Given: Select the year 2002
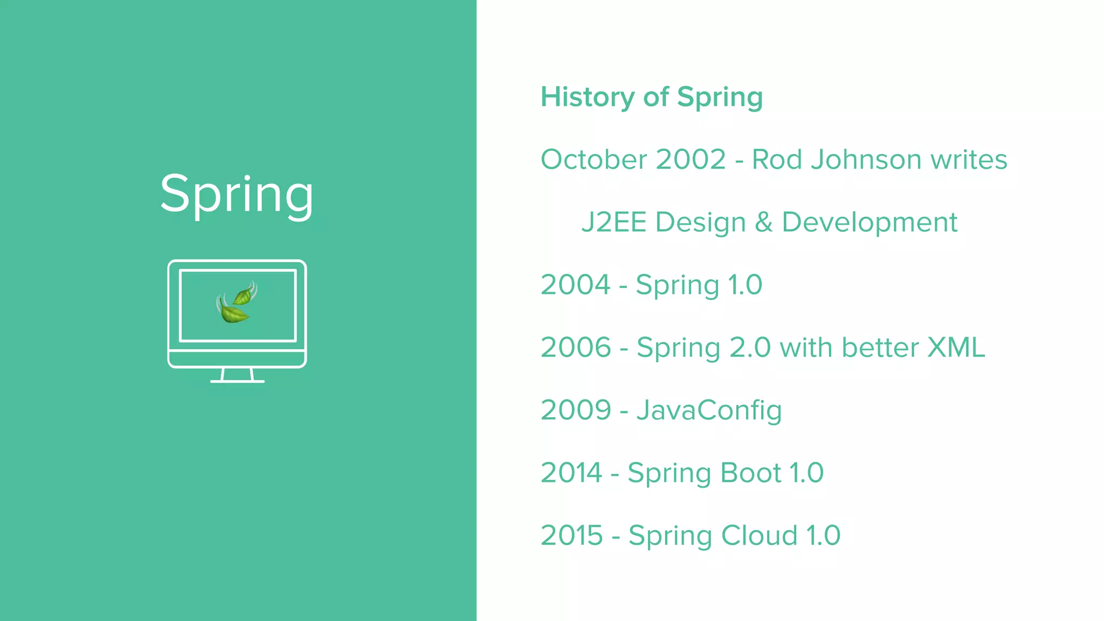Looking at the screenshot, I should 691,160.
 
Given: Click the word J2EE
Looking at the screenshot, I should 613,222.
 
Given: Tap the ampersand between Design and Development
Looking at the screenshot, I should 763,222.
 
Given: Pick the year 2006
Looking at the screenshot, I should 576,347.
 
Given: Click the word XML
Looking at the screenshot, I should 956,347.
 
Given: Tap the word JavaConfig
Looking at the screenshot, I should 709,410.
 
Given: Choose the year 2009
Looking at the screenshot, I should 576,410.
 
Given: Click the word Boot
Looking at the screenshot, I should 750,473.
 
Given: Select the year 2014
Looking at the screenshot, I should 571,473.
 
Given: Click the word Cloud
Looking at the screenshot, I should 759,535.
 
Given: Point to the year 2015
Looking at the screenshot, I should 571,535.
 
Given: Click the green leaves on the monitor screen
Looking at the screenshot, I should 236,303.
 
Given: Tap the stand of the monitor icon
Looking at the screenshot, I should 237,376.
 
